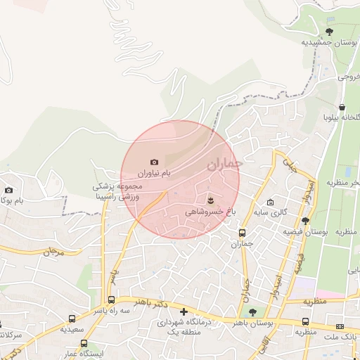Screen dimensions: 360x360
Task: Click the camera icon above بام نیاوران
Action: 155,162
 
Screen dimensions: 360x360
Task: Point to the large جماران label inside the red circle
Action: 224,165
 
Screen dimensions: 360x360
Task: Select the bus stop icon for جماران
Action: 243,233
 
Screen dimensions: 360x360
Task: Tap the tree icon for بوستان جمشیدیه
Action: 330,32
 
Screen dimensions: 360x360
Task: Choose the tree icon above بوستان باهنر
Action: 252,312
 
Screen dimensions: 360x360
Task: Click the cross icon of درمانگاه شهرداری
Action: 184,311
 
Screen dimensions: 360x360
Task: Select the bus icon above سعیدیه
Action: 73,319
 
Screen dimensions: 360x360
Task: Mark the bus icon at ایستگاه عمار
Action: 84,344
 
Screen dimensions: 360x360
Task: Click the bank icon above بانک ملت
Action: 340,327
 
